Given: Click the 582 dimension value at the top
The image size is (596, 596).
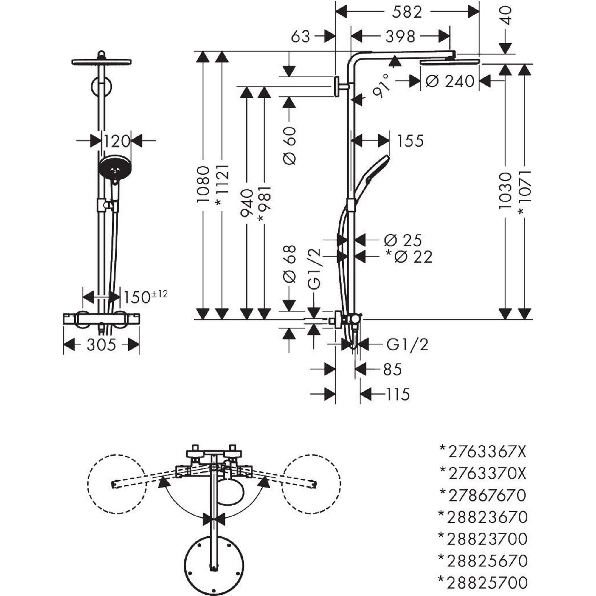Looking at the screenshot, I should pos(407,13).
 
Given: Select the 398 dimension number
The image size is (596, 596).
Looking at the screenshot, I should pos(401,37).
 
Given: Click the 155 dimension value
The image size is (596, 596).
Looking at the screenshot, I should pos(410,141).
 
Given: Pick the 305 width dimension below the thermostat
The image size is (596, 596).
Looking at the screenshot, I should pos(101,344).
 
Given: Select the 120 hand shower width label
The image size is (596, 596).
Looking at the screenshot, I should pos(116,142).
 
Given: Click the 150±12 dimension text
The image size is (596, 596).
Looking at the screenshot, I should pos(145,297).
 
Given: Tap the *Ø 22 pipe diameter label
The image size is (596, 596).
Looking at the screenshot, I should pos(409,257).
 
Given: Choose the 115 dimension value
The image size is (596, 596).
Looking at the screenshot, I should pos(398,395).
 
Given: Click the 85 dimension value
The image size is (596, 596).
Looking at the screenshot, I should pos(392,369).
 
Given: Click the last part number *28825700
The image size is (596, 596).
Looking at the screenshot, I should pos(483,582).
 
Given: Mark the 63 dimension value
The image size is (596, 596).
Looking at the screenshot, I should pos(300,37).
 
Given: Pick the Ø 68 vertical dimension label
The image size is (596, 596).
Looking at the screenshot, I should pos(289,264).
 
